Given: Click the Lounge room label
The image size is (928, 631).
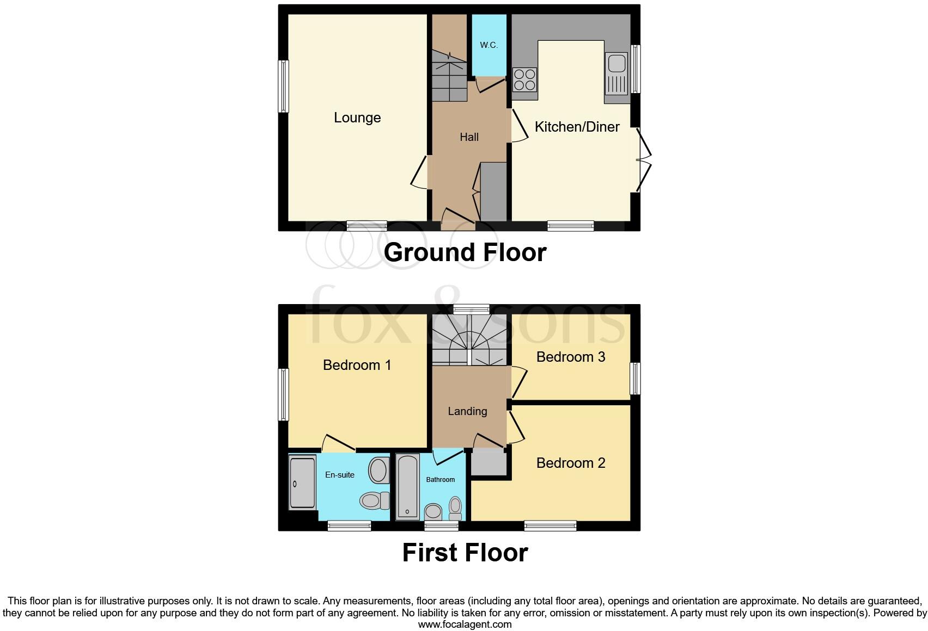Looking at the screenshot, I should pos(357,117).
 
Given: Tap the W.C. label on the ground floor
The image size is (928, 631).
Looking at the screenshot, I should pos(489,45).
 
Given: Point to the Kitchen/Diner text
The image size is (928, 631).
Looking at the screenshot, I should pos(577,127).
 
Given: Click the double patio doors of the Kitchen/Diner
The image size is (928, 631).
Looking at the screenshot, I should pos(643,160).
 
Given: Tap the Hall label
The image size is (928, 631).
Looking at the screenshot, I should pos(469,137).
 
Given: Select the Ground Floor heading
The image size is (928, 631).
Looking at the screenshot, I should pos(465,252).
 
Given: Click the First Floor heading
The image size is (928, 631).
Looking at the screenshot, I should pos(465,553).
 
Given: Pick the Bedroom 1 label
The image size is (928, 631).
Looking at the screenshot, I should pos(357,365).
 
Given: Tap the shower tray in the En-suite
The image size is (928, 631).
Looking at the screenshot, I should pos(302,482).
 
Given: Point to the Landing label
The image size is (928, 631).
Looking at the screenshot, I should pos(467,411).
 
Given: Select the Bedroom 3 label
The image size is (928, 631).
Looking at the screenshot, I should pos(570,357).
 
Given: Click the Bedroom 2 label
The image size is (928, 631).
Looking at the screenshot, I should pos(570,463).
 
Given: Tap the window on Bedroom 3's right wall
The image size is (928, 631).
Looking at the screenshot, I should pos(635,379).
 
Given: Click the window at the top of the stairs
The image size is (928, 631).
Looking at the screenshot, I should pos(471,309).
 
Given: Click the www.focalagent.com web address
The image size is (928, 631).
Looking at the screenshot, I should pos(465,625).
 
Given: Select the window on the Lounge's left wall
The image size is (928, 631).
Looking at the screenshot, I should pos(283,86).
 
